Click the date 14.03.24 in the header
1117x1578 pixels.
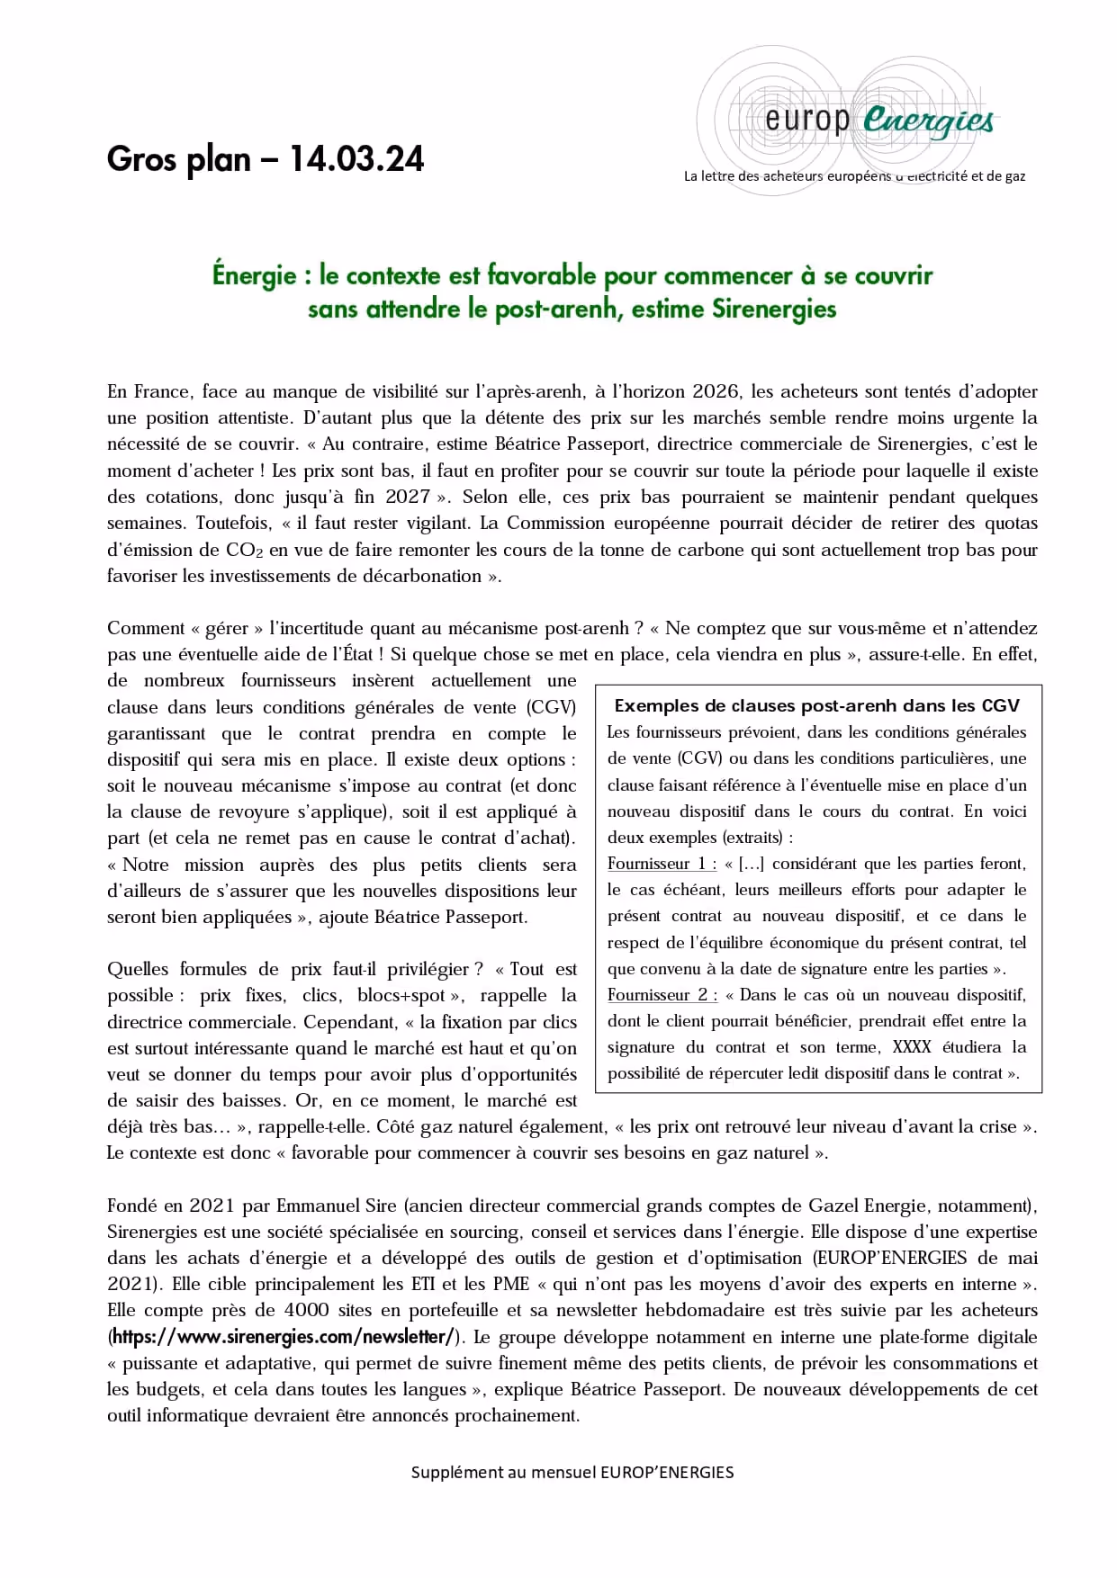[356, 159]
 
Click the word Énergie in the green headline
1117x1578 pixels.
[254, 275]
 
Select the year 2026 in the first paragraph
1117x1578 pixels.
[716, 391]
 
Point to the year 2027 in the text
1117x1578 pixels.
[407, 497]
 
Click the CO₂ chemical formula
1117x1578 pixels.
[245, 550]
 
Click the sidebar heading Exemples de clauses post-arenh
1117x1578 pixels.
[816, 706]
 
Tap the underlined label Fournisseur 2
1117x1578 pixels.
[662, 995]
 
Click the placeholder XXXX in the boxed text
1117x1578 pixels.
[912, 1047]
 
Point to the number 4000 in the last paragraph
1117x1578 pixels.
[306, 1311]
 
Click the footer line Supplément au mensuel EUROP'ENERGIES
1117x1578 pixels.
[572, 1473]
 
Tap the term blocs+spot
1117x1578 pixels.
[401, 995]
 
